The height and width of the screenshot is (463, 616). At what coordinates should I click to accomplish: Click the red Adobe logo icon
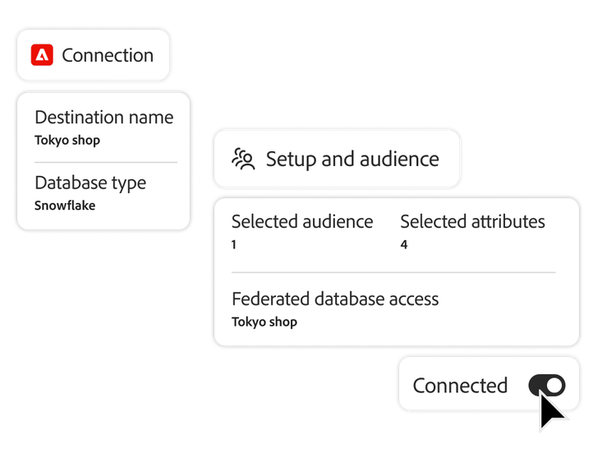(42, 55)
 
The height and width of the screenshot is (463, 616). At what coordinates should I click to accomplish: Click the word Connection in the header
(108, 55)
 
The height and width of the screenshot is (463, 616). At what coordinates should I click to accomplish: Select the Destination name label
(103, 118)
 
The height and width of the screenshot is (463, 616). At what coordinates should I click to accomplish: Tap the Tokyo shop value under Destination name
(67, 140)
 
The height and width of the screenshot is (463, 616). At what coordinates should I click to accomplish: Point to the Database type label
(90, 183)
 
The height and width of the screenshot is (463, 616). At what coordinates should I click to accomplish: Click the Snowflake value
(65, 206)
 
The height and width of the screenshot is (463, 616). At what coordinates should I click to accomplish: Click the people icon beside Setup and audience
(243, 159)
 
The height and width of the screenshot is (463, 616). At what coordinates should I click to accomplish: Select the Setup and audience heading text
(352, 159)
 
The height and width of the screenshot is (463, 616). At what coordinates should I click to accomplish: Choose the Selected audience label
(301, 221)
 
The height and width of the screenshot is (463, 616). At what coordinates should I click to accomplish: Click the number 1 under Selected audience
(234, 244)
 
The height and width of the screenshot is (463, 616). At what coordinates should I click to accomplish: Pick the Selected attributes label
(472, 221)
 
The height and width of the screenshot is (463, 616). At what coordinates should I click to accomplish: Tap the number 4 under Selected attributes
(403, 244)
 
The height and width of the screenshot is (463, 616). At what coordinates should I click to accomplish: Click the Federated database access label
(335, 299)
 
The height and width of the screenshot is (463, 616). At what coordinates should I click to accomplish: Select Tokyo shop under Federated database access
(264, 322)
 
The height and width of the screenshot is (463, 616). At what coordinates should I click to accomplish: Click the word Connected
(460, 385)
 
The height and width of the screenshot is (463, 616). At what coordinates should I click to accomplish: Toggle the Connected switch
(547, 385)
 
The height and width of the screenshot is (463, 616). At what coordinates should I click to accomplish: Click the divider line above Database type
(105, 163)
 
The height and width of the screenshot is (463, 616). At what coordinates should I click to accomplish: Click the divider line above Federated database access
(393, 272)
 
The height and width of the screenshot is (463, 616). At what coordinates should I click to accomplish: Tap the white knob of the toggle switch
(555, 385)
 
